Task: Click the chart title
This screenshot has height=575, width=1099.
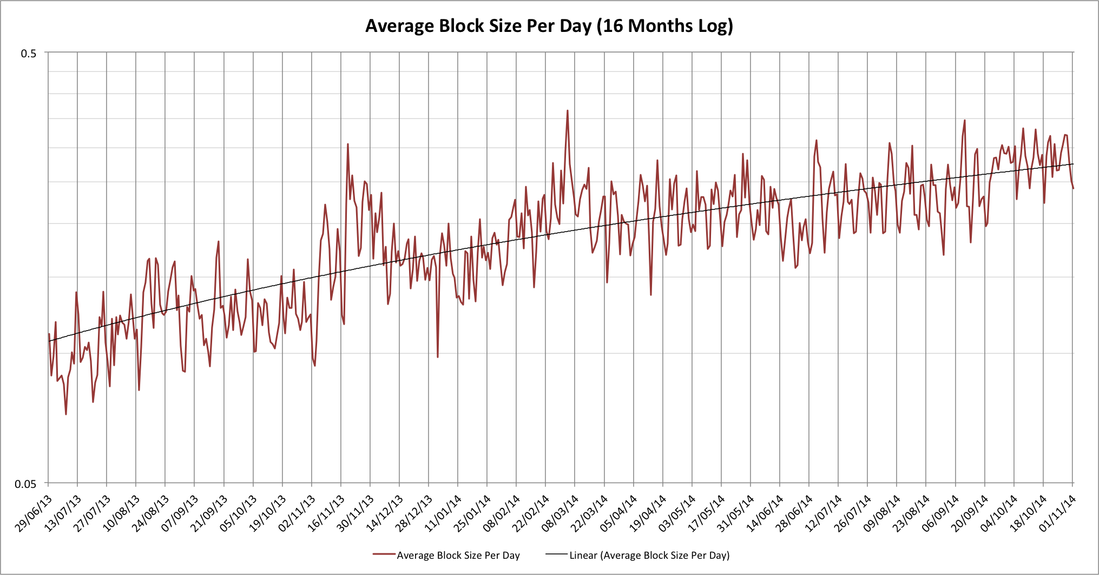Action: coord(549,26)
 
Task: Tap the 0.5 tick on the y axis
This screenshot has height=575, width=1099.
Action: coord(29,53)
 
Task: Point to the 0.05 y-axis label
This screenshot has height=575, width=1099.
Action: coord(25,484)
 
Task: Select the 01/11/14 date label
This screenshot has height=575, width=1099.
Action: coord(1059,513)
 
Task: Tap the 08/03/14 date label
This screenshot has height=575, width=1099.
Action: coord(561,513)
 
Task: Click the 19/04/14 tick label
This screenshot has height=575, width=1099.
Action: coord(649,513)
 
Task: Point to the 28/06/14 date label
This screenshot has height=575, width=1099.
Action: coord(795,513)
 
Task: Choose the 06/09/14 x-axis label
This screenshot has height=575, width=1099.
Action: coord(941,513)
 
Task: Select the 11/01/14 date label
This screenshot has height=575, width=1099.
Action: coord(444,513)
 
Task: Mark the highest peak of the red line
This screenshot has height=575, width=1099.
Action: coord(567,111)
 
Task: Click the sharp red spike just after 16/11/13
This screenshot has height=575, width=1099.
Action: coord(348,144)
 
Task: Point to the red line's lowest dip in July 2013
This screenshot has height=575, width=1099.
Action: coord(66,414)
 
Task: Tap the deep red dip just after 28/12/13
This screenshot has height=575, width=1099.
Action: coord(437,356)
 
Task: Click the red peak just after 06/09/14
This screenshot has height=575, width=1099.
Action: coord(964,121)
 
